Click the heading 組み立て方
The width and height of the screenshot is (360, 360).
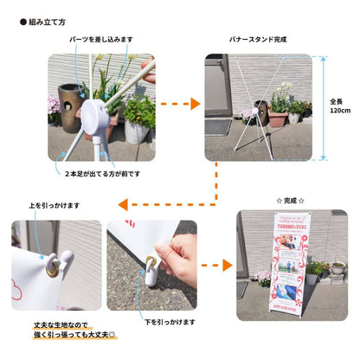(48, 22)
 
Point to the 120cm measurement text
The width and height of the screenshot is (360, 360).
(340, 106)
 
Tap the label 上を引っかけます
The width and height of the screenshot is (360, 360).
(55, 205)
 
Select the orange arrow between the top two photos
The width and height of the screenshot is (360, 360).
(180, 103)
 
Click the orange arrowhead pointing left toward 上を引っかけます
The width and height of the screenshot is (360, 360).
(124, 205)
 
